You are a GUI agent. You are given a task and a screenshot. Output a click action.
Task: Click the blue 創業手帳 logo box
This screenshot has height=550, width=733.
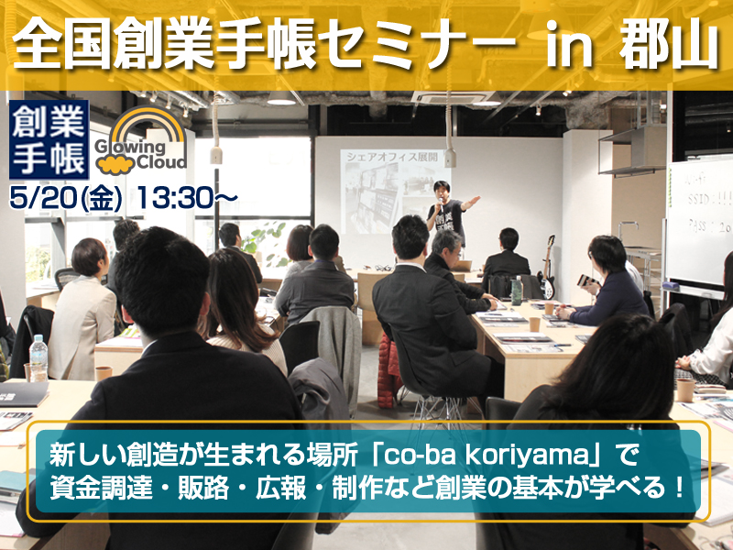click(x=49, y=139)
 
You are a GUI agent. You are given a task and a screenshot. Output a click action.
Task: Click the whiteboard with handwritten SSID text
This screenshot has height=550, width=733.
click(x=699, y=220)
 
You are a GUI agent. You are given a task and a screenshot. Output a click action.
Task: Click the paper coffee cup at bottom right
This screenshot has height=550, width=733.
click(x=684, y=389)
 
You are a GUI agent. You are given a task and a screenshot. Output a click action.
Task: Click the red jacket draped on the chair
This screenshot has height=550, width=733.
click(x=389, y=357)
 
